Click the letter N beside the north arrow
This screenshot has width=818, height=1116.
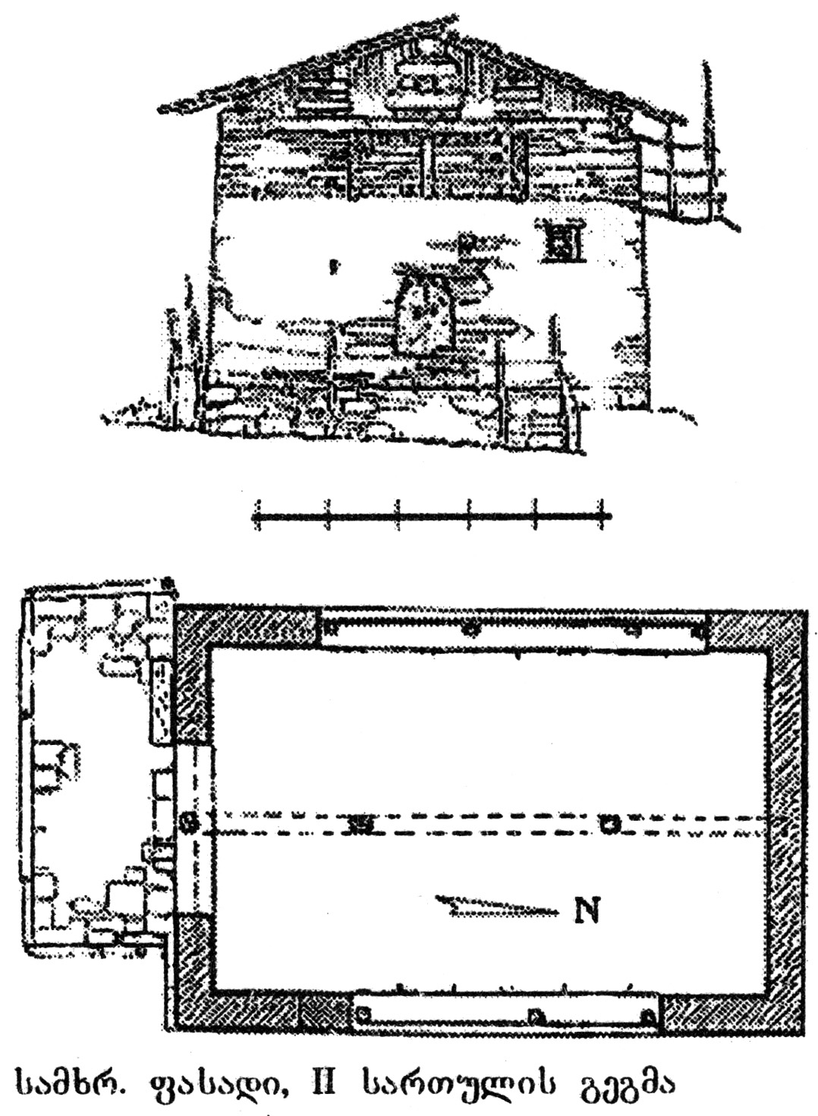click(x=587, y=910)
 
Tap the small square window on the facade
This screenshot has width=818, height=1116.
click(x=563, y=241)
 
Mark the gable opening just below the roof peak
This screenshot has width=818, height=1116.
click(x=427, y=76)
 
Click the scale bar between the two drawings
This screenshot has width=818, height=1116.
click(x=430, y=516)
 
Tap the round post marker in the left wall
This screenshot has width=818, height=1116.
click(x=192, y=821)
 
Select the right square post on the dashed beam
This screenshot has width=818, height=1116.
click(x=607, y=823)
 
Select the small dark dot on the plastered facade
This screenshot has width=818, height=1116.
click(x=332, y=266)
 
